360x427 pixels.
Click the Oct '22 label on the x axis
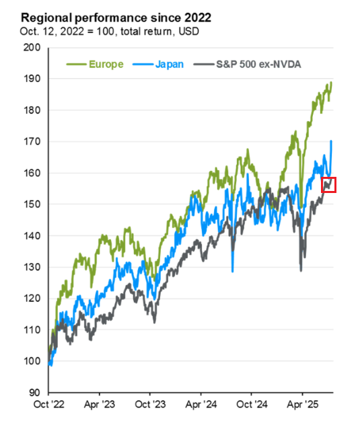point(48,407)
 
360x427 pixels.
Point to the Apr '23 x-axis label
point(99,407)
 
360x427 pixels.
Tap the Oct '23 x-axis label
point(149,407)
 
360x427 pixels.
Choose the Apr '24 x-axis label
point(201,407)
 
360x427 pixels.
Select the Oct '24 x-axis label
point(251,407)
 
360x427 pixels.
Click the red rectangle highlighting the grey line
point(328,185)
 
